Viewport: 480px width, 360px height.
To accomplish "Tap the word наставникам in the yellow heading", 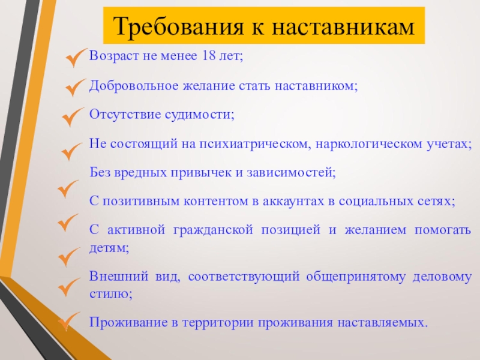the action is point(343,26).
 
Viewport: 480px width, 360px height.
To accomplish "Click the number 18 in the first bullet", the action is point(209,56).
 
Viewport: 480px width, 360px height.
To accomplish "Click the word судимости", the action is point(200,115).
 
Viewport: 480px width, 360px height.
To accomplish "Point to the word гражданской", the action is point(213,230).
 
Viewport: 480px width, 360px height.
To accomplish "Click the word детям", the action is point(109,248).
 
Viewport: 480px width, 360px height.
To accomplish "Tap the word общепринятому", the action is point(355,277).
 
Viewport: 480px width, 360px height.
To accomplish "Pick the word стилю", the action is point(111,294).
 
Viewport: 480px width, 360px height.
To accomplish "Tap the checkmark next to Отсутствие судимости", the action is point(72,116).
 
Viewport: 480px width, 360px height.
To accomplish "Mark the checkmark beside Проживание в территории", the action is point(69,321).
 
